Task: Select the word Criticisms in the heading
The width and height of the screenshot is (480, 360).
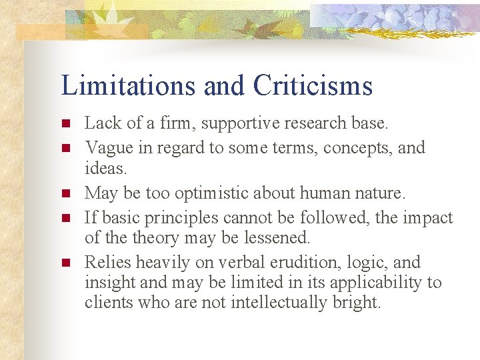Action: pos(313,86)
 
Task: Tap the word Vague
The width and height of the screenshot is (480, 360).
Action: pos(107,147)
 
